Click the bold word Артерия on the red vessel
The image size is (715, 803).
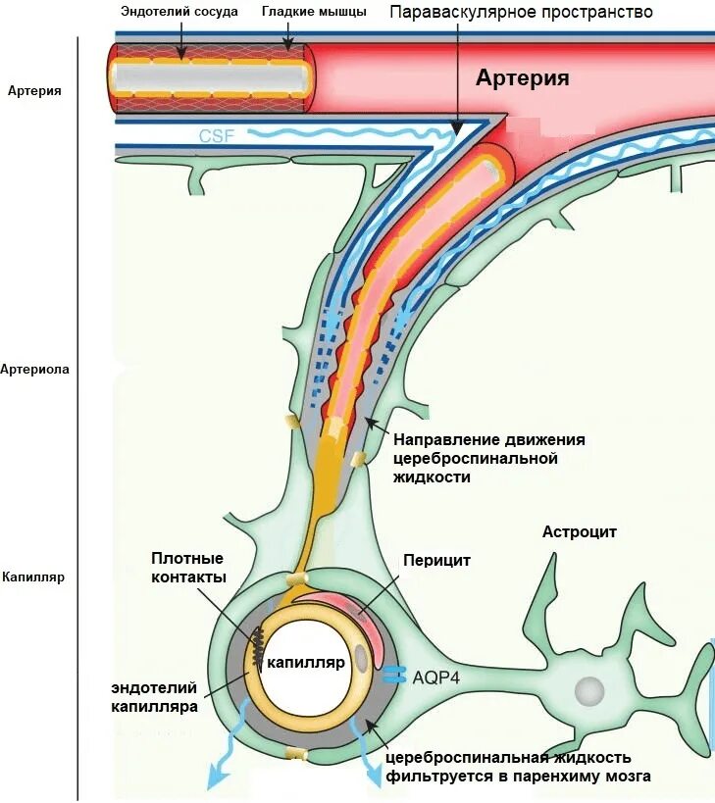click(x=522, y=78)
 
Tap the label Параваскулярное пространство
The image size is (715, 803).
click(x=521, y=14)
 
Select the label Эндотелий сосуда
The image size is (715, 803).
click(x=180, y=13)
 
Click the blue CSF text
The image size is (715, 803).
click(x=216, y=136)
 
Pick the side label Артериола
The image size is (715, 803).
click(x=34, y=370)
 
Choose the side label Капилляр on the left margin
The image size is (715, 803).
click(x=33, y=577)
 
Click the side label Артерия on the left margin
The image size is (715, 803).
click(x=34, y=91)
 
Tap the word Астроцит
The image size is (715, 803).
click(x=579, y=532)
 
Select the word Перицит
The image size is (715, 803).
click(x=436, y=561)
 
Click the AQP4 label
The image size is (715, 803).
click(x=436, y=678)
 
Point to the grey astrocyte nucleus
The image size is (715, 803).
click(x=588, y=691)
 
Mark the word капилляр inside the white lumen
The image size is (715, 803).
click(x=306, y=663)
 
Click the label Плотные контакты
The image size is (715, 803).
click(x=188, y=567)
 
